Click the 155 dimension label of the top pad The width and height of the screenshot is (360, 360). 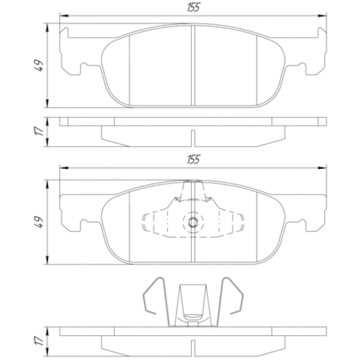[193, 7]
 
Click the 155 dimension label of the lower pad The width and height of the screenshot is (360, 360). [193, 159]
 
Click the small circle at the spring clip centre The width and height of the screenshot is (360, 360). [193, 222]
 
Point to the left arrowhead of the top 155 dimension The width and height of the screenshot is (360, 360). [64, 16]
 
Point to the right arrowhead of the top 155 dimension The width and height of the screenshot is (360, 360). [322, 16]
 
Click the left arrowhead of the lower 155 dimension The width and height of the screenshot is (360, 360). [64, 168]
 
